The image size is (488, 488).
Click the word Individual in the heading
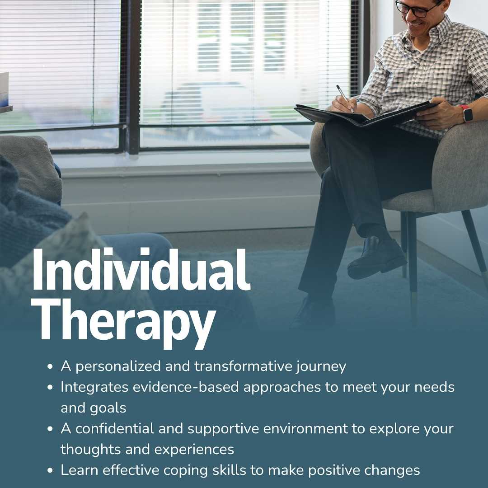(141, 269)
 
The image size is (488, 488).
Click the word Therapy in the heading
(123, 322)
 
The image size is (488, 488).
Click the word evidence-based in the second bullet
(186, 387)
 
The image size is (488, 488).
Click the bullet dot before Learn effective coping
(50, 471)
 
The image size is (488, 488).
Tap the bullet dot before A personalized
(50, 366)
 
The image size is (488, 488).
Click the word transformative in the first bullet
(244, 366)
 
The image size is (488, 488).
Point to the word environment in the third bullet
(305, 428)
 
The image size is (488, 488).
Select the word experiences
(194, 450)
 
